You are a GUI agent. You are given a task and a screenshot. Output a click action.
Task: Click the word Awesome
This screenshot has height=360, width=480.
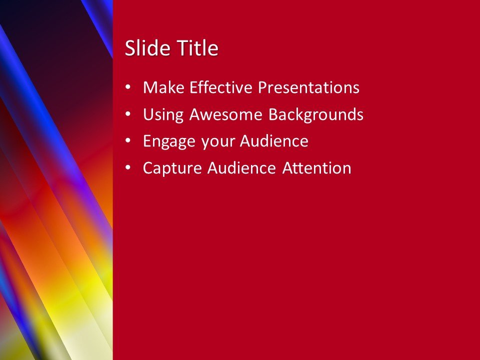[x=226, y=115]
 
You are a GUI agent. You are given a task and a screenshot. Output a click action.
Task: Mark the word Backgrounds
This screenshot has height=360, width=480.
[x=315, y=115]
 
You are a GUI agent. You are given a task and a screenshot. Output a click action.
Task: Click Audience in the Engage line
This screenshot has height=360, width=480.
[x=274, y=141]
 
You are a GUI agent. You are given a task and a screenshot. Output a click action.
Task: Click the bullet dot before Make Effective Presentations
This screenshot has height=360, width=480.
[x=128, y=87]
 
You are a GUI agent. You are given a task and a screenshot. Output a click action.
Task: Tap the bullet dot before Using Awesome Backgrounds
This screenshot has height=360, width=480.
[x=128, y=114]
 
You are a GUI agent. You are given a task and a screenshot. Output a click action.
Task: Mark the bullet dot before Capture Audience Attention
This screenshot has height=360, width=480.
[x=128, y=168]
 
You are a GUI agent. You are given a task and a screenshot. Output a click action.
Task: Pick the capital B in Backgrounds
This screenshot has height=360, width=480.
[x=272, y=115]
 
